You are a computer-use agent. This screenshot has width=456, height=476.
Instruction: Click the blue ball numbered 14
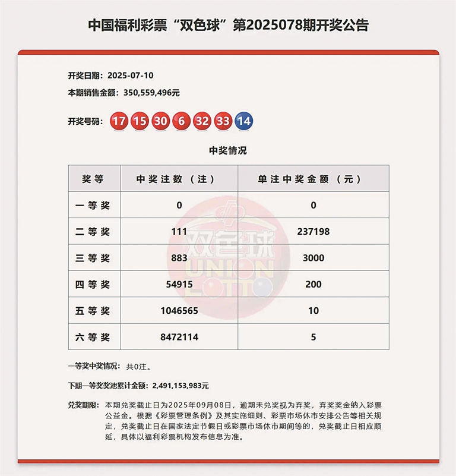point(244,121)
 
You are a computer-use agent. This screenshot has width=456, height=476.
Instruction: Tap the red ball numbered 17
point(119,121)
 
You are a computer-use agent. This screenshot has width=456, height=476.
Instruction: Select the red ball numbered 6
point(181,121)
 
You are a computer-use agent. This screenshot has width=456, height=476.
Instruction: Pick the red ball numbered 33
point(223,121)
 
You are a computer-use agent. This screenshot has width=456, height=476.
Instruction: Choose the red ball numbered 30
point(160,121)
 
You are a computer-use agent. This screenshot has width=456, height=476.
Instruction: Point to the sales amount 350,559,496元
point(151,93)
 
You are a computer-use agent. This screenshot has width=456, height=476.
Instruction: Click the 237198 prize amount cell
point(313,232)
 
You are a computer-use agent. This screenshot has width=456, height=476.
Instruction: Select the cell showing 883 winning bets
point(179,258)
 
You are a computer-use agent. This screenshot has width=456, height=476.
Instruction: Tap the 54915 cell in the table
point(179,285)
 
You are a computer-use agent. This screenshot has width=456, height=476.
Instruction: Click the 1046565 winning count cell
point(179,311)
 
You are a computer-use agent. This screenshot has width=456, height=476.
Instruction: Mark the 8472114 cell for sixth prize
point(179,337)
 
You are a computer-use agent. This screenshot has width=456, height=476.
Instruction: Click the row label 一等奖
point(94,206)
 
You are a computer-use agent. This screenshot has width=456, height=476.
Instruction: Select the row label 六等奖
point(94,337)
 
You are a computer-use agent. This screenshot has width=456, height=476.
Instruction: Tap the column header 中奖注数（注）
point(179,179)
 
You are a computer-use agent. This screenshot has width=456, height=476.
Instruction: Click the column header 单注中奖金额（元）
point(313,179)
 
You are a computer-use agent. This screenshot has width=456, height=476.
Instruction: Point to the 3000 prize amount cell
point(313,258)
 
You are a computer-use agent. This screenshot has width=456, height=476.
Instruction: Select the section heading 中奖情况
point(228,150)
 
